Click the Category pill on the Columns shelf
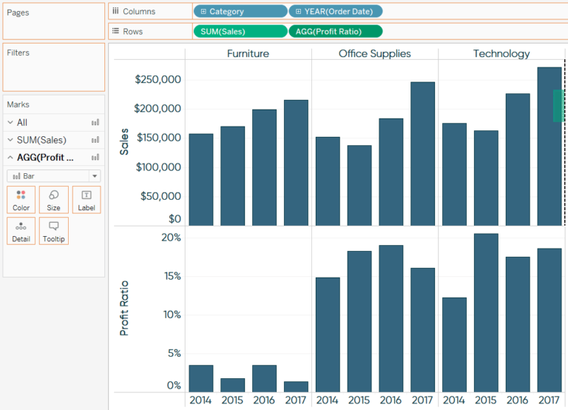tap(240, 11)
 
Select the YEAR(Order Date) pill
tap(335, 11)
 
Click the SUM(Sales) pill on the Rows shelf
tap(239, 31)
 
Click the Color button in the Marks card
tap(21, 200)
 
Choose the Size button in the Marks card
tap(54, 200)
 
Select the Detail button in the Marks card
tap(21, 231)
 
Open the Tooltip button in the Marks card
tap(54, 231)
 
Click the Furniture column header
tap(248, 53)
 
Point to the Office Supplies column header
tap(374, 53)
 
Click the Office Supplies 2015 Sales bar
tap(359, 185)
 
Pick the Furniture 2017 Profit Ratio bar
tap(296, 386)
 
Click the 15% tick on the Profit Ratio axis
tap(172, 276)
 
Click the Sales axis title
tap(124, 141)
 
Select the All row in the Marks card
tap(22, 122)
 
